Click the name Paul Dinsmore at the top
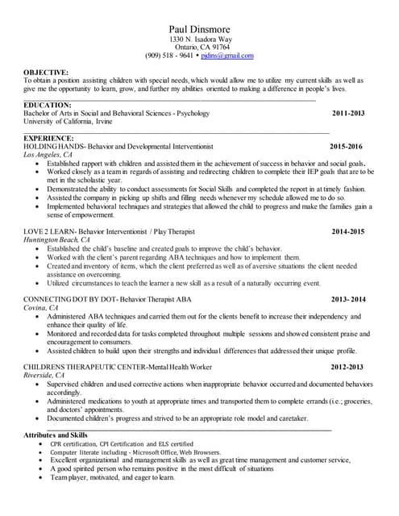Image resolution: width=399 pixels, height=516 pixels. coord(199,28)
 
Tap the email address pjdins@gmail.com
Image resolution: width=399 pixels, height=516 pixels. coord(228,56)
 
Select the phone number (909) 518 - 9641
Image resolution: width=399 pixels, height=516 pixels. coord(169,56)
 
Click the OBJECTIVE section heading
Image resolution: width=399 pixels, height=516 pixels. coord(46,73)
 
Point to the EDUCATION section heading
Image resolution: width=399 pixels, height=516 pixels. coord(48,106)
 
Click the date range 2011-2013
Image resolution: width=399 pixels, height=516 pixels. coord(348,114)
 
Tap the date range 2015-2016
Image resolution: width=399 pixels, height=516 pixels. coord(347,147)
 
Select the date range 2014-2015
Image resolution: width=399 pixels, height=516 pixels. coord(348,232)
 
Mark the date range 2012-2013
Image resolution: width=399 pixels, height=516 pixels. coord(347,367)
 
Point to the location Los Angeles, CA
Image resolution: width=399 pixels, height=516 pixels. coord(48,155)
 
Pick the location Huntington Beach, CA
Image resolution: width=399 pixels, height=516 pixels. coord(57,240)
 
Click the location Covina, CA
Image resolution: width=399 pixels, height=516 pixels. coord(41,308)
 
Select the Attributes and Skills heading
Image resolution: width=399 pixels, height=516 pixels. coord(56,435)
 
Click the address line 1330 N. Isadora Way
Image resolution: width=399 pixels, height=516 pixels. coord(199,40)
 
